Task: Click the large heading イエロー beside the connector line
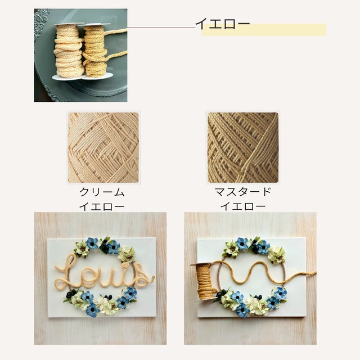[x=222, y=23]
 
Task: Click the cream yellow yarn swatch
[x=103, y=147]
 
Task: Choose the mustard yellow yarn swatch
[x=242, y=147]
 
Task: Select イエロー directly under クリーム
[x=102, y=206]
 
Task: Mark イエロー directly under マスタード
[x=243, y=206]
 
